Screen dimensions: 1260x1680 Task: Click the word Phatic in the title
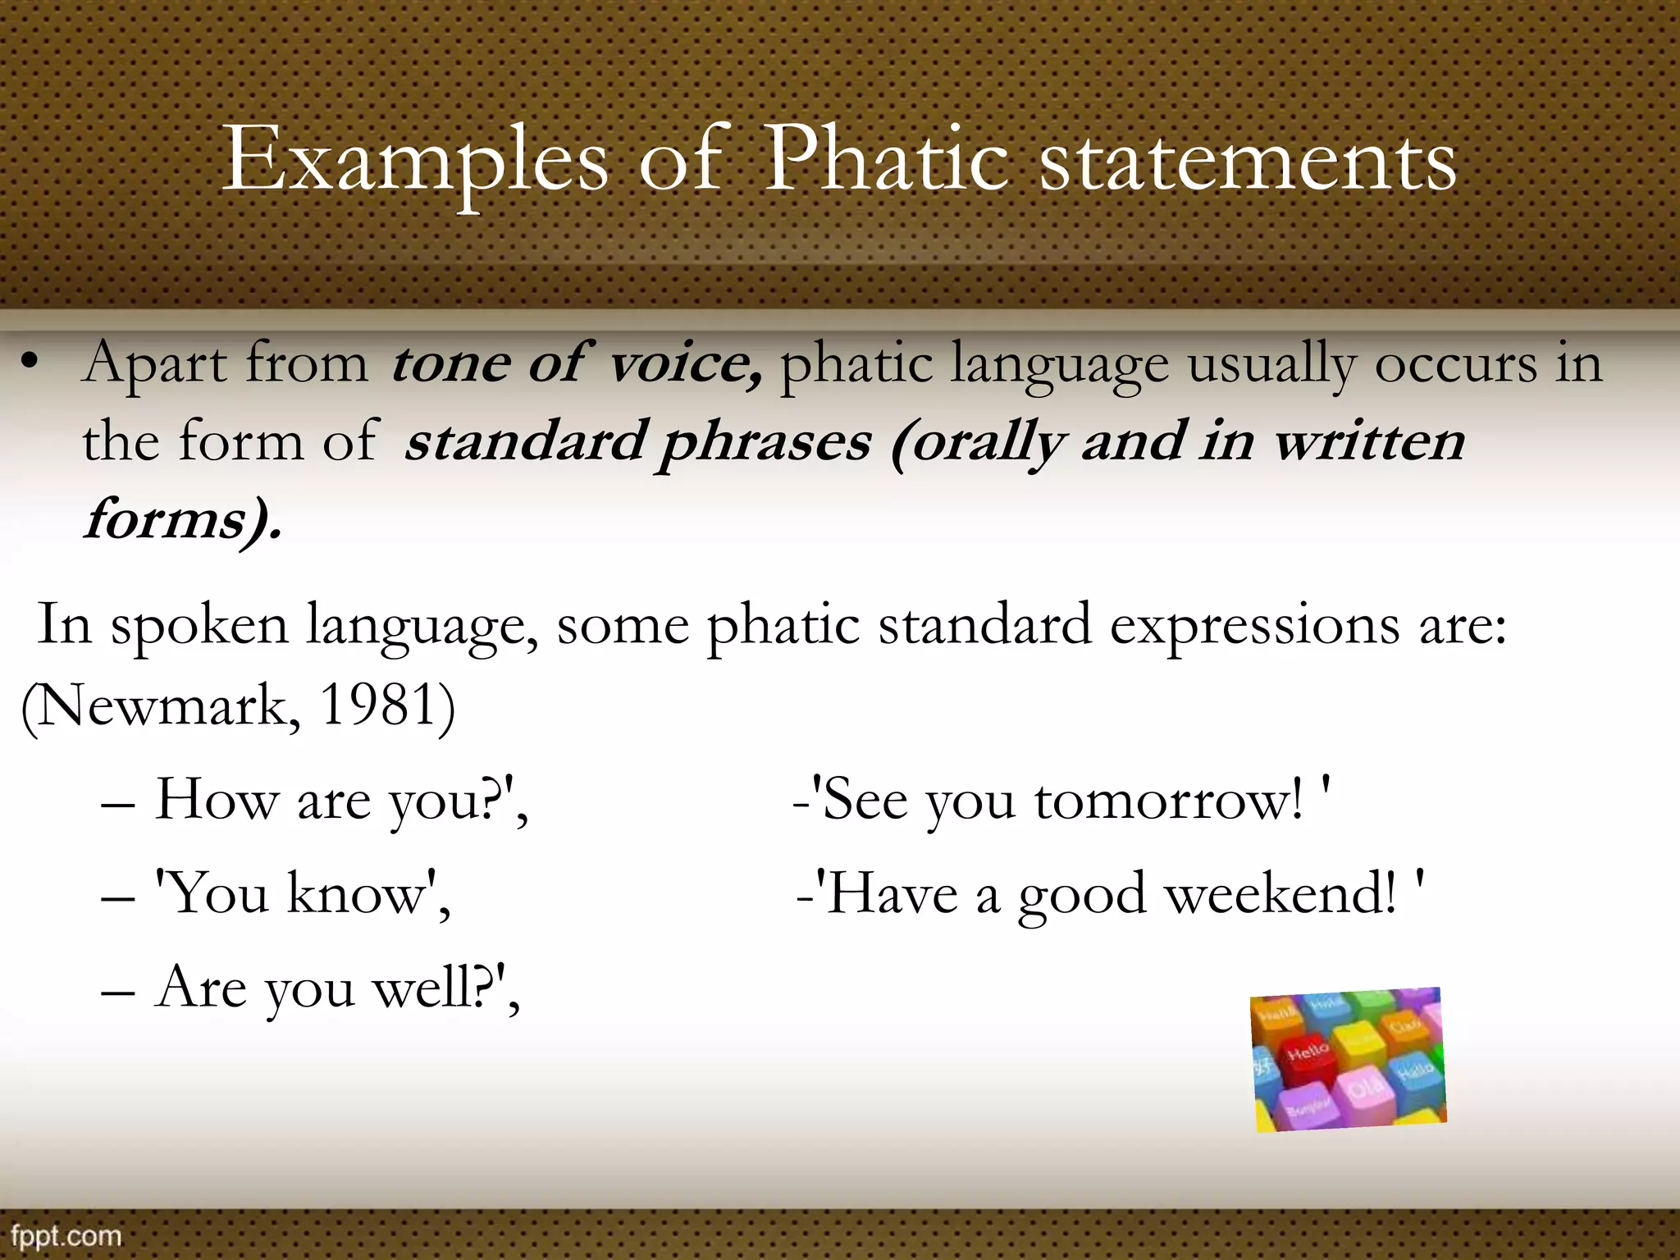(886, 160)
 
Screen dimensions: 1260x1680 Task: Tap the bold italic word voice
(685, 363)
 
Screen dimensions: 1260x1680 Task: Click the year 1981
(377, 705)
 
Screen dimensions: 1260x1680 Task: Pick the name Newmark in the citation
(168, 706)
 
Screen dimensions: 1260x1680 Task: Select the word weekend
(1279, 894)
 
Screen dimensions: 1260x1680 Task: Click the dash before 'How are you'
(117, 805)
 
